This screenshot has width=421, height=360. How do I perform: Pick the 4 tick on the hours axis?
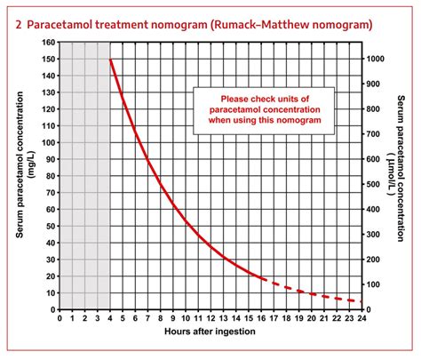coord(110,316)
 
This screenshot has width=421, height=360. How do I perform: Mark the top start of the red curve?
coord(111,60)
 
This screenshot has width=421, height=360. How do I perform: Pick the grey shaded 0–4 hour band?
coord(85,178)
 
